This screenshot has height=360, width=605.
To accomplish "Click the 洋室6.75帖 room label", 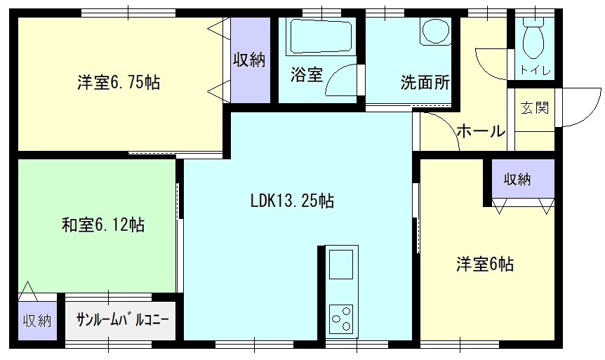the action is (x=119, y=82).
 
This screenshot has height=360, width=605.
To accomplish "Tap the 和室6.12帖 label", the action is (x=103, y=224).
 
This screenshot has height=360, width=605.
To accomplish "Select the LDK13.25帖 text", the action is (x=292, y=201).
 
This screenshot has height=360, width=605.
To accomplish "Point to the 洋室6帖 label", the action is (x=485, y=265).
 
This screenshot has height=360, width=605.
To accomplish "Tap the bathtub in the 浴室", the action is (x=321, y=36).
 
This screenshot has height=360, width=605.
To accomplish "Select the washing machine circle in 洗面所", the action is (x=436, y=30).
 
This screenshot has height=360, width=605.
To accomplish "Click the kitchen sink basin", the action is (x=340, y=264).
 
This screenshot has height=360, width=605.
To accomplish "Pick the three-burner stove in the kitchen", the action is (x=341, y=319).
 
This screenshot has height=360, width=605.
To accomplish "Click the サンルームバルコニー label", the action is (x=123, y=320).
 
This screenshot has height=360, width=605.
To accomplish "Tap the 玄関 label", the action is (x=535, y=107).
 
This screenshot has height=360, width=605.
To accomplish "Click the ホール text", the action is (x=481, y=131).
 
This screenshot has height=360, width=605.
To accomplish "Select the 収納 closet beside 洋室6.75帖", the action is (x=250, y=60).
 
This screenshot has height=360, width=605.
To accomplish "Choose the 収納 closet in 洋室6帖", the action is (x=523, y=179).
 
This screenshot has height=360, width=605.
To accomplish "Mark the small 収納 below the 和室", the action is (x=37, y=321).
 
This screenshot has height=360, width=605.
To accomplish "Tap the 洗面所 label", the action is (x=425, y=82).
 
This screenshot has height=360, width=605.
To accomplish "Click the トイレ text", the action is (x=536, y=70).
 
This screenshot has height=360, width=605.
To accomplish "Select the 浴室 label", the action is (x=306, y=74).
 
